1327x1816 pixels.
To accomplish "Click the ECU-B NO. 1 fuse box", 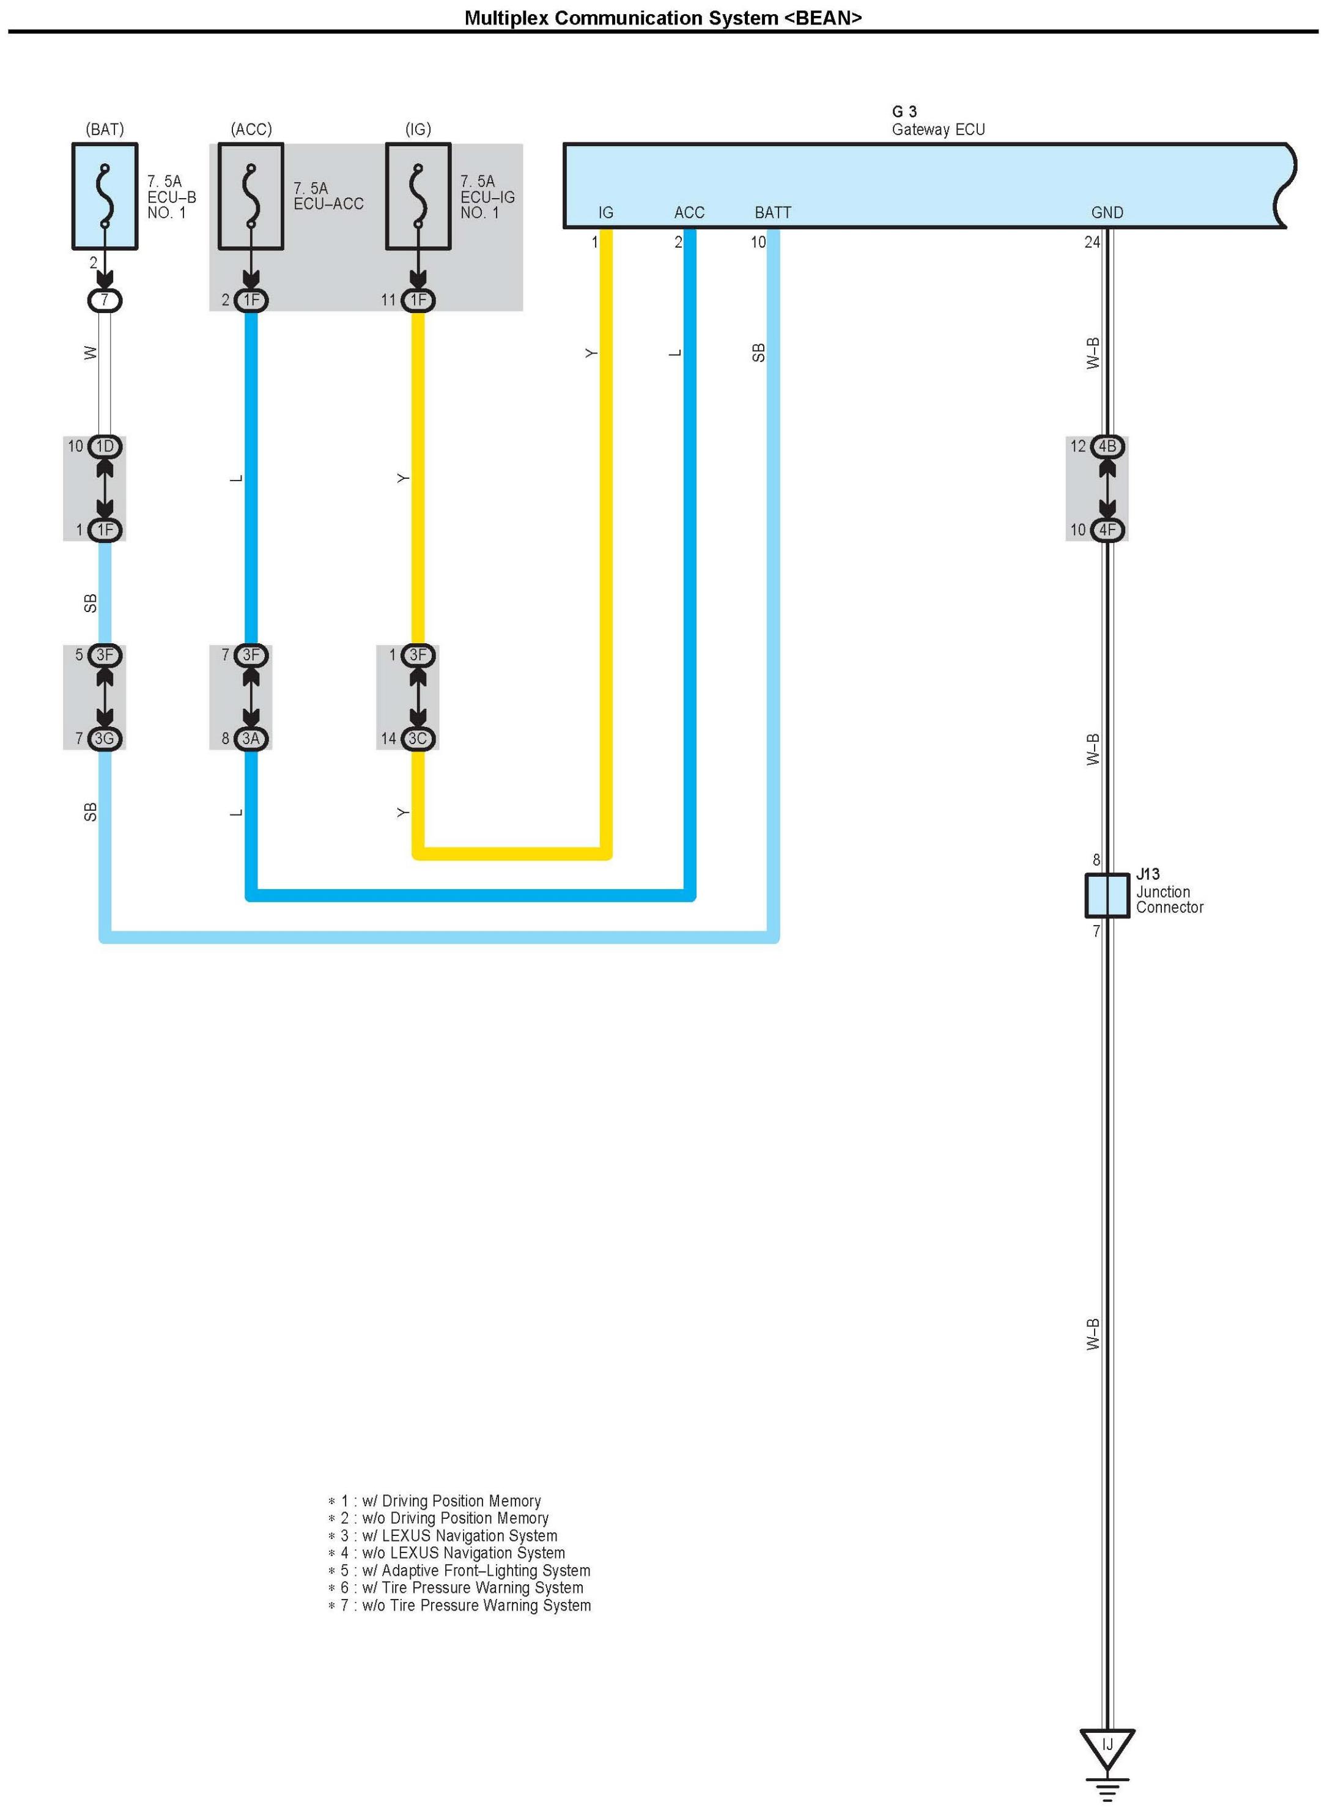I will tap(105, 196).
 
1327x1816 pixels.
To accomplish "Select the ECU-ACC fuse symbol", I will tap(251, 196).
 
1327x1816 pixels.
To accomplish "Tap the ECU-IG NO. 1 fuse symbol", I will tap(418, 196).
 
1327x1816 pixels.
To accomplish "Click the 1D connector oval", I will tap(105, 446).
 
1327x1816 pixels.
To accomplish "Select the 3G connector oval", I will tap(105, 738).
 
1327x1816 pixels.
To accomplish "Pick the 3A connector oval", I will tap(251, 738).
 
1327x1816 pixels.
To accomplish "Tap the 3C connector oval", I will tap(418, 738).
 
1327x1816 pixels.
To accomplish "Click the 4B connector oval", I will tap(1107, 446).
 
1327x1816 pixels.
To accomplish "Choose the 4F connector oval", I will tap(1107, 530).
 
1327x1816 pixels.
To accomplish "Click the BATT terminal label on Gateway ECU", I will tap(773, 213).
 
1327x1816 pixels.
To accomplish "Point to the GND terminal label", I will tap(1107, 213).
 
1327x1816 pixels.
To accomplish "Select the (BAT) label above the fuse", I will tap(105, 129).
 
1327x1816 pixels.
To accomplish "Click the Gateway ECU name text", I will tap(938, 129).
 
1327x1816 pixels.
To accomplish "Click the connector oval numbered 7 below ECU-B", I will tap(105, 300).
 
